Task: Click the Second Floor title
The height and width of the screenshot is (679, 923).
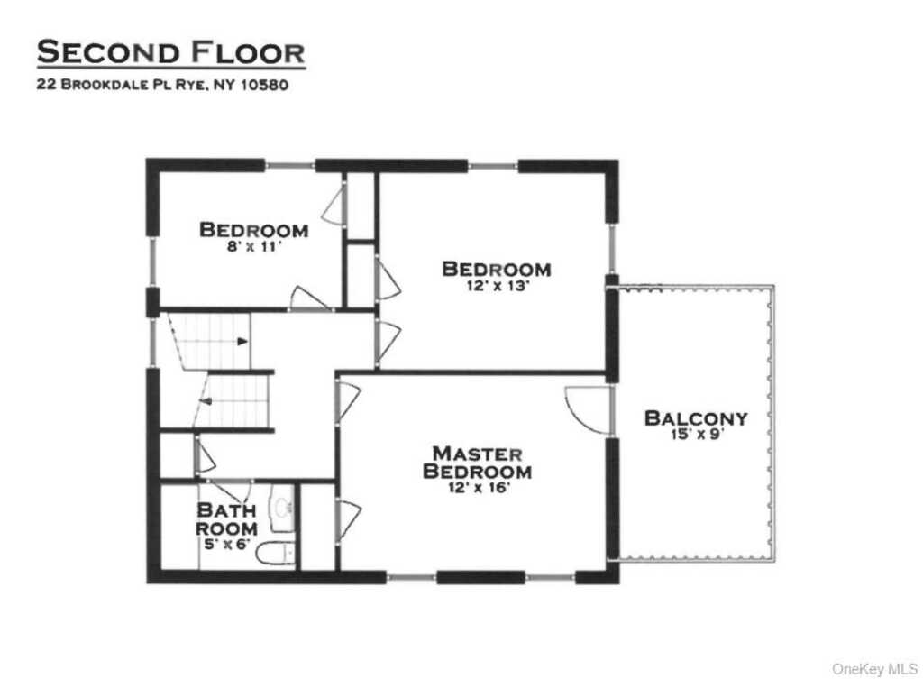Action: tap(170, 52)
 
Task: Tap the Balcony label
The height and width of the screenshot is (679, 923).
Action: tap(695, 418)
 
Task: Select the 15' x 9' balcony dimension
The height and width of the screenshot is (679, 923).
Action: tap(695, 435)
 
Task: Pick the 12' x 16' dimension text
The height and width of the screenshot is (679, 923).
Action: tap(477, 488)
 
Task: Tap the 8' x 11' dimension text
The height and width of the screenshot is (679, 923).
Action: tap(253, 246)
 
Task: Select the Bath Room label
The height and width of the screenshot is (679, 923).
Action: tap(226, 519)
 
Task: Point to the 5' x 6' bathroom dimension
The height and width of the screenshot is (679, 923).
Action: tap(226, 545)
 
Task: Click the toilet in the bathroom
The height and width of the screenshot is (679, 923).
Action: tap(276, 554)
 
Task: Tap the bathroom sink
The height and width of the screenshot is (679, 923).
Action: tap(282, 509)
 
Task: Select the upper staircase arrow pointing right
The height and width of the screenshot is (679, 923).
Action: tap(242, 341)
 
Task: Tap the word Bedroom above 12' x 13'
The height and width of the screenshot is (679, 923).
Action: tap(495, 269)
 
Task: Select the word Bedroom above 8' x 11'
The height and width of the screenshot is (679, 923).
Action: tap(253, 230)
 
